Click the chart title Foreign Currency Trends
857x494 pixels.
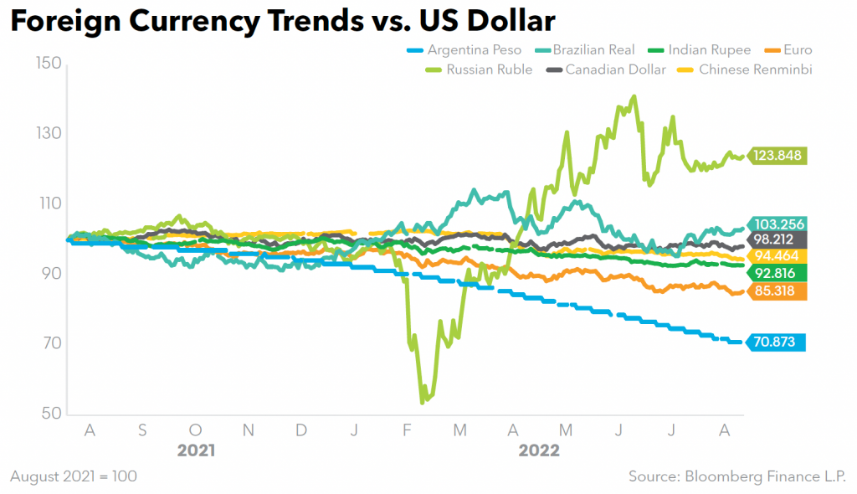coord(282,22)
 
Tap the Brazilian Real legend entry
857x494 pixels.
coord(593,50)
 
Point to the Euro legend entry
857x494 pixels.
coord(798,50)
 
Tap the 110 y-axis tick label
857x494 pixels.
coord(49,203)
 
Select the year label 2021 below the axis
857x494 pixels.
coord(196,450)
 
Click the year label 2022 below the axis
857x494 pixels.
coord(539,450)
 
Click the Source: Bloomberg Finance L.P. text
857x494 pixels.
coord(736,476)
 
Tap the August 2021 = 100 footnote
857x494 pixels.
coord(74,476)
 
